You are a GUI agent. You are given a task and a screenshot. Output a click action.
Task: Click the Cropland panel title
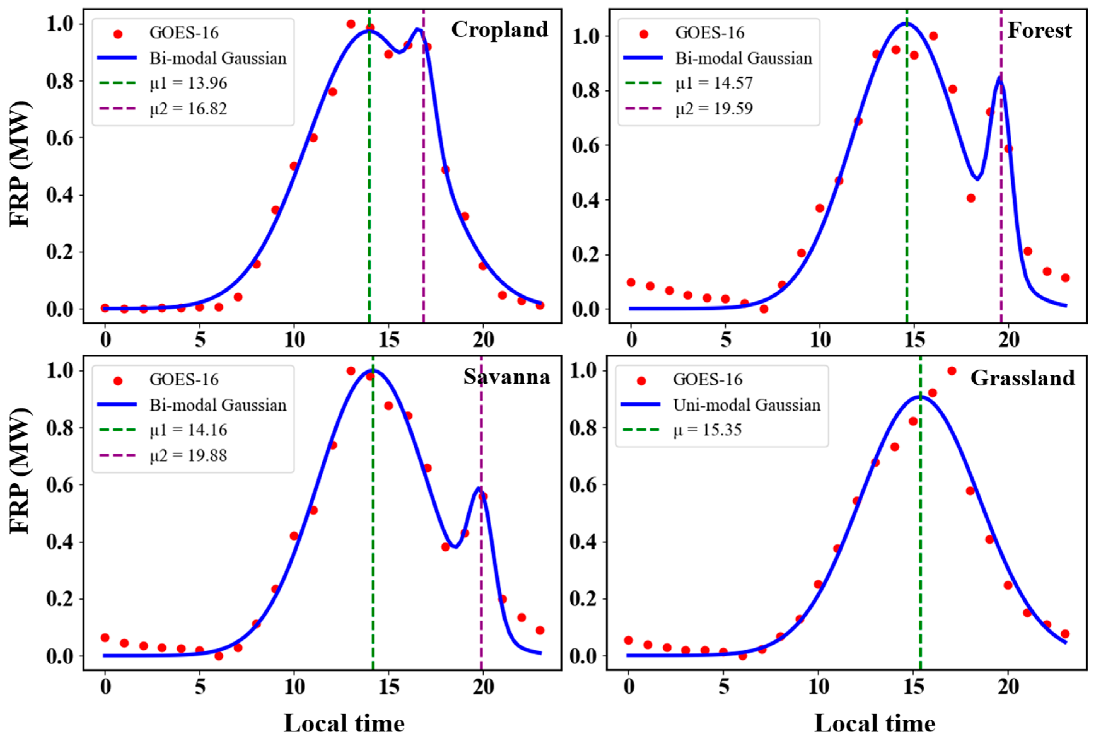point(500,29)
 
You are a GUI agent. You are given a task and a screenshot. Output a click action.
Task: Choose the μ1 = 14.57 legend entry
point(714,84)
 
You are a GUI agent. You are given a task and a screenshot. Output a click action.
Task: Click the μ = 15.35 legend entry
point(707,430)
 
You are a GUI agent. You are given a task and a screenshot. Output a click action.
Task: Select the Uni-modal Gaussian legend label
point(746,405)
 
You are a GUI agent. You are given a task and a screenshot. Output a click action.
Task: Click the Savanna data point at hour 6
point(219,656)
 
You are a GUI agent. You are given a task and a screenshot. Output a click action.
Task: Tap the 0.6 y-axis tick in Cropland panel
point(60,138)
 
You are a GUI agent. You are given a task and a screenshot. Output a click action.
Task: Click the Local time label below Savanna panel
point(344,723)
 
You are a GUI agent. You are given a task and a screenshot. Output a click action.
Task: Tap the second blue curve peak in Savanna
point(479,488)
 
